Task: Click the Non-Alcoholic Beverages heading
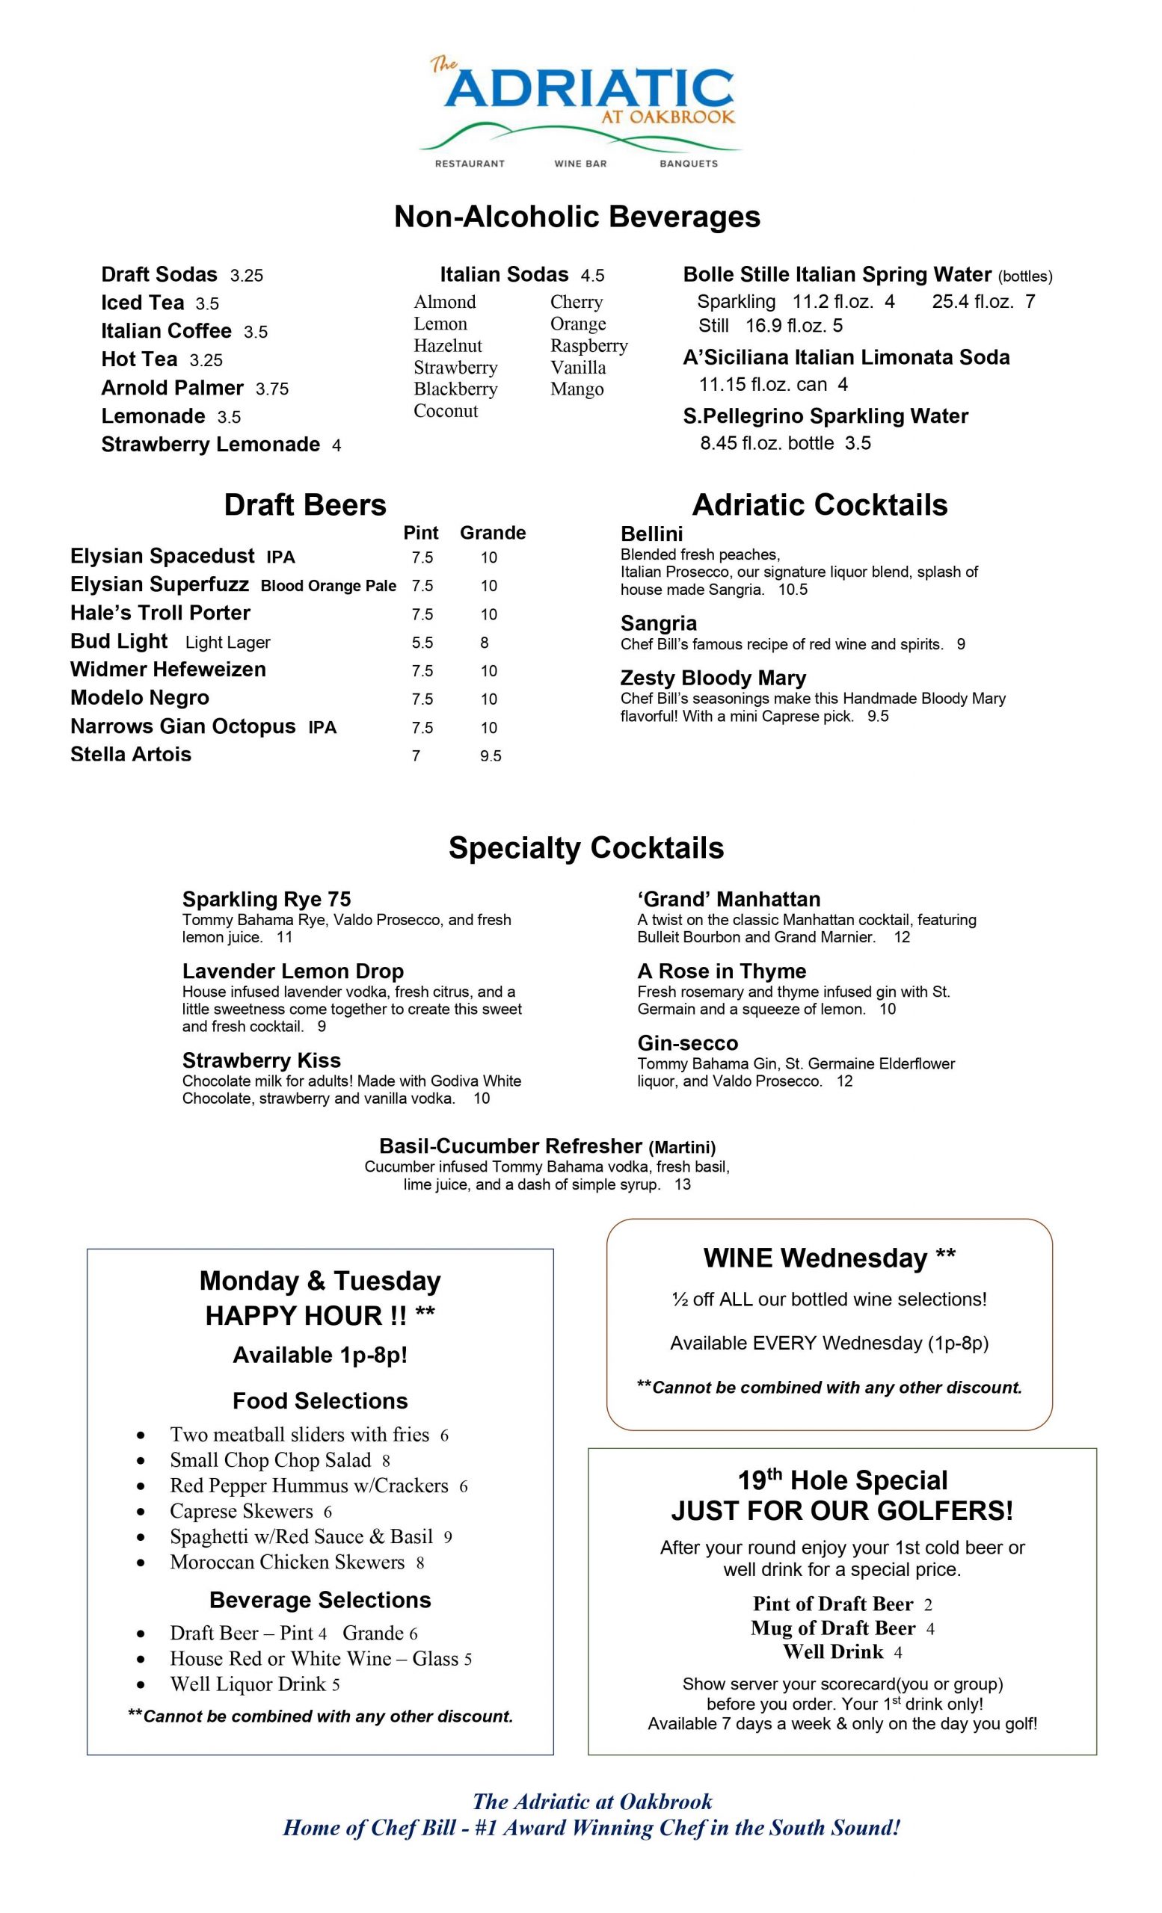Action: click(x=577, y=217)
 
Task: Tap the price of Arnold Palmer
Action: click(x=272, y=389)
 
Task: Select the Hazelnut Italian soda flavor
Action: click(x=447, y=345)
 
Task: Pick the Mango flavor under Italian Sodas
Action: click(x=577, y=389)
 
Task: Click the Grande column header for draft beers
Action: click(x=493, y=533)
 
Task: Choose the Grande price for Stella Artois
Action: click(x=490, y=756)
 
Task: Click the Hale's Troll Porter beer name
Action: click(x=160, y=614)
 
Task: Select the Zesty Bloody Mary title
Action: click(x=713, y=678)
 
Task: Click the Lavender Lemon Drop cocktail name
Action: click(x=293, y=971)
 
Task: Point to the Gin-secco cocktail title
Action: click(x=687, y=1042)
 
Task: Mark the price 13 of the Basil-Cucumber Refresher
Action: click(x=682, y=1184)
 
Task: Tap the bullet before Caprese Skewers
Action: click(x=141, y=1512)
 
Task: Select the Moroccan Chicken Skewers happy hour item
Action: click(x=286, y=1562)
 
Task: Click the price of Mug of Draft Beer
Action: click(x=929, y=1630)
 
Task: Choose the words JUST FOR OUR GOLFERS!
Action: click(x=842, y=1511)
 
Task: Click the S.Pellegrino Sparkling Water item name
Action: click(x=826, y=416)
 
